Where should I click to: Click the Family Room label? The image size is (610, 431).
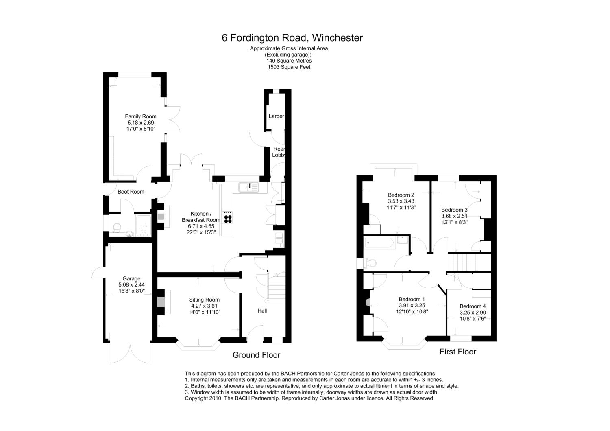[141, 116]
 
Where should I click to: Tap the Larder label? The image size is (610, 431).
[276, 116]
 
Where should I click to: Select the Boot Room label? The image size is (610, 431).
[131, 192]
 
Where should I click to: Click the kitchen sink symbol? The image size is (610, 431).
[248, 187]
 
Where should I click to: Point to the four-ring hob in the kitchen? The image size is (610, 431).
[228, 217]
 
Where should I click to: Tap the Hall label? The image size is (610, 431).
[262, 311]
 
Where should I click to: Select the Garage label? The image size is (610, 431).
[131, 279]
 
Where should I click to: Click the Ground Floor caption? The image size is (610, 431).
[256, 355]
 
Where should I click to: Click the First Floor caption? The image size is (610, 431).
[457, 352]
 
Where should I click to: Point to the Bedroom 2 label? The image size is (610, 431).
[401, 195]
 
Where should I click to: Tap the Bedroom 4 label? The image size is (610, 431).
[473, 306]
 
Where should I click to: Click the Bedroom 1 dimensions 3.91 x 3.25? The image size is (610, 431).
[412, 305]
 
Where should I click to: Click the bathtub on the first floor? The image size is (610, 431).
[379, 243]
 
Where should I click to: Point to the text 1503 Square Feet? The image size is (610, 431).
[289, 67]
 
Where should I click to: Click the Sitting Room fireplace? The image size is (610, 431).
[161, 302]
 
